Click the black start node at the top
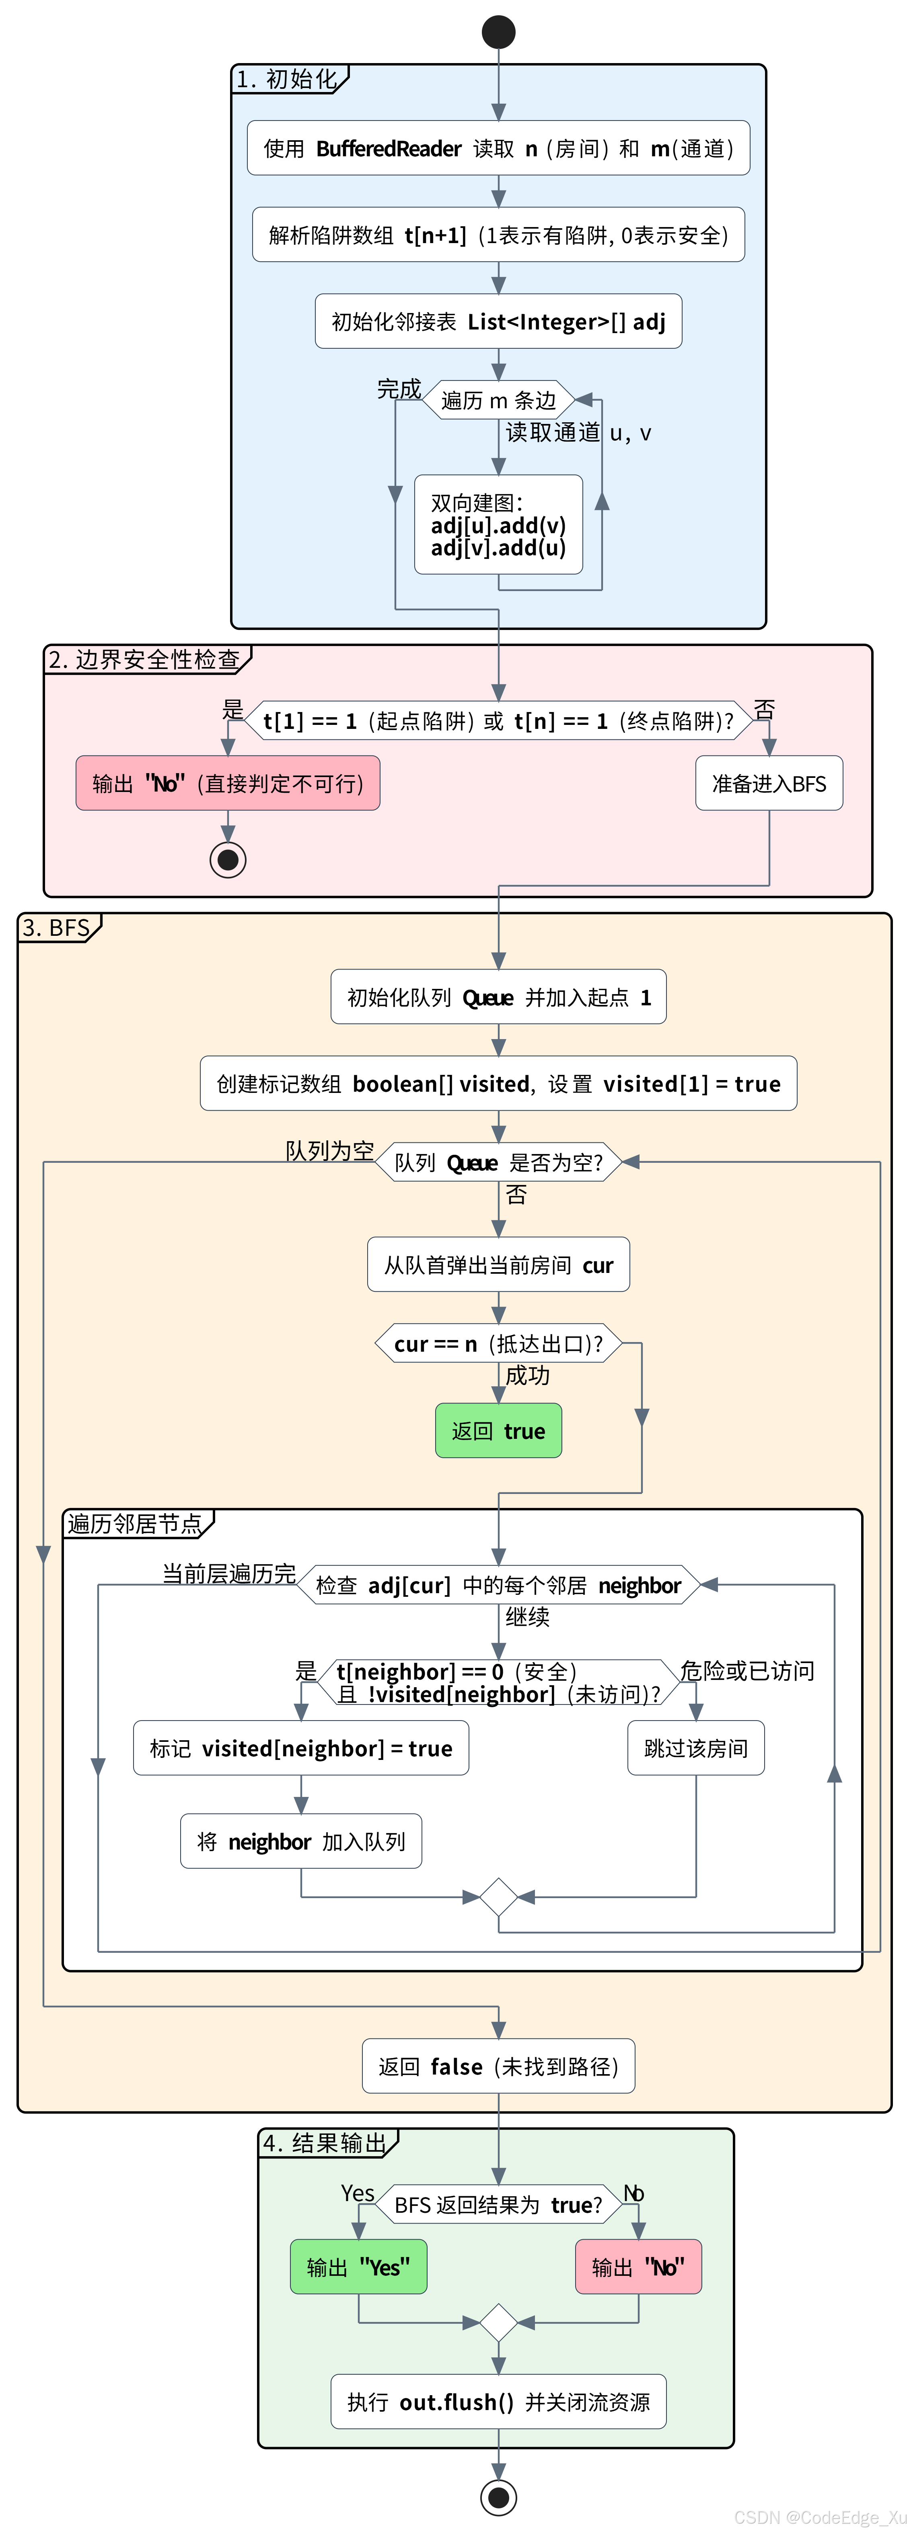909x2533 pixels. (499, 31)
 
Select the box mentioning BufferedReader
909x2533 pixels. (499, 149)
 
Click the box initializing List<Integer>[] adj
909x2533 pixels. (499, 321)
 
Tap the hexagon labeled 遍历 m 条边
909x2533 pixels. (499, 400)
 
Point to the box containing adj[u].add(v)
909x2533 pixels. (499, 525)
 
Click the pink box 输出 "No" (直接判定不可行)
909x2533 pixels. (227, 784)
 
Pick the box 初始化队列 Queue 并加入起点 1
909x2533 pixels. (499, 997)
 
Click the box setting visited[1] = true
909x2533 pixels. (499, 1084)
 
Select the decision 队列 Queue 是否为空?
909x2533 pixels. (499, 1162)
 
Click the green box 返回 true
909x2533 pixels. (499, 1431)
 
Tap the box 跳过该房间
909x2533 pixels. (695, 1748)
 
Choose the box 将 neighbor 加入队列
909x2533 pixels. (301, 1842)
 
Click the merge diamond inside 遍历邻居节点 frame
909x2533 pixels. (499, 1897)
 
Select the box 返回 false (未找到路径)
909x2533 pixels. (499, 2067)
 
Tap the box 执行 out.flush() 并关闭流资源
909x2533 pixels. (499, 2402)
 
